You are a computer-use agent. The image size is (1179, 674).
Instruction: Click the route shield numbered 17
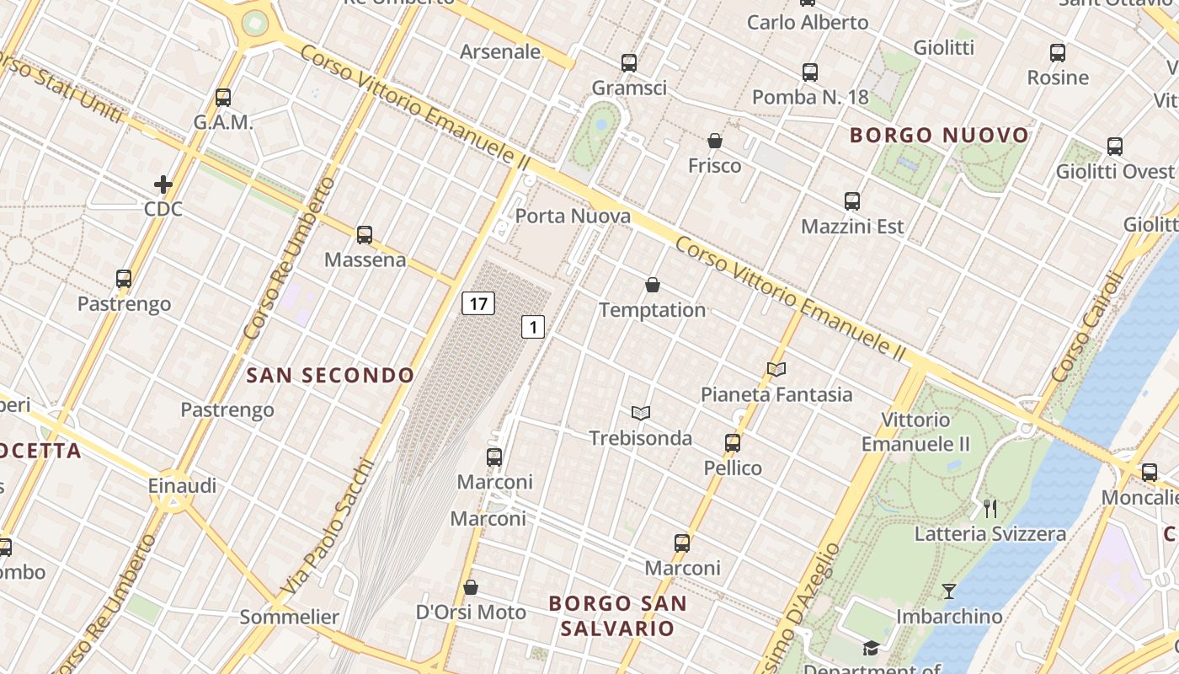coord(478,303)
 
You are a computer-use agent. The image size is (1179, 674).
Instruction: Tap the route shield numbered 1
coord(533,326)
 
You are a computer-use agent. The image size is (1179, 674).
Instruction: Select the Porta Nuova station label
coord(573,217)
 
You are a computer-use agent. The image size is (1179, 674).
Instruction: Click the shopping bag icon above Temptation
coord(653,285)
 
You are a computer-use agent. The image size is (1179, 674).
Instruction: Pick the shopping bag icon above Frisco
coord(715,140)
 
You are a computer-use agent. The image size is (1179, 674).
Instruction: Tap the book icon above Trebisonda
coord(641,413)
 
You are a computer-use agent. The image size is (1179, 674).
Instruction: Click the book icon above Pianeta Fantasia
coord(776,369)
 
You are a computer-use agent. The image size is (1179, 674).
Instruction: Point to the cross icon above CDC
coord(163,184)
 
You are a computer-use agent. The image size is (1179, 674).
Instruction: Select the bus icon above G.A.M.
coord(223,98)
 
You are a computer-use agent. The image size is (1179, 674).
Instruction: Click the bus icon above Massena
coord(365,235)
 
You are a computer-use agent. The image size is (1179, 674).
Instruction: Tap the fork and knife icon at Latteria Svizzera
coord(990,508)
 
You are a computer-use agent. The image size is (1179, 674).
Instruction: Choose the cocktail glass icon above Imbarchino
coord(949,591)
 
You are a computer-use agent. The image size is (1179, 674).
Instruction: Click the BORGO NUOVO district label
coord(939,135)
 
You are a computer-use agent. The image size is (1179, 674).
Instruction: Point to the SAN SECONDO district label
coord(330,376)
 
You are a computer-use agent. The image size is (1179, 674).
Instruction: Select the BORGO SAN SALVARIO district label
coord(618,616)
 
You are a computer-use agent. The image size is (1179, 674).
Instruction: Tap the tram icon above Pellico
coord(733,443)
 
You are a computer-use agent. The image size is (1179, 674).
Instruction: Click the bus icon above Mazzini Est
coord(852,201)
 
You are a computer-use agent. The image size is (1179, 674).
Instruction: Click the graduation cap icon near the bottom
coord(870,648)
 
